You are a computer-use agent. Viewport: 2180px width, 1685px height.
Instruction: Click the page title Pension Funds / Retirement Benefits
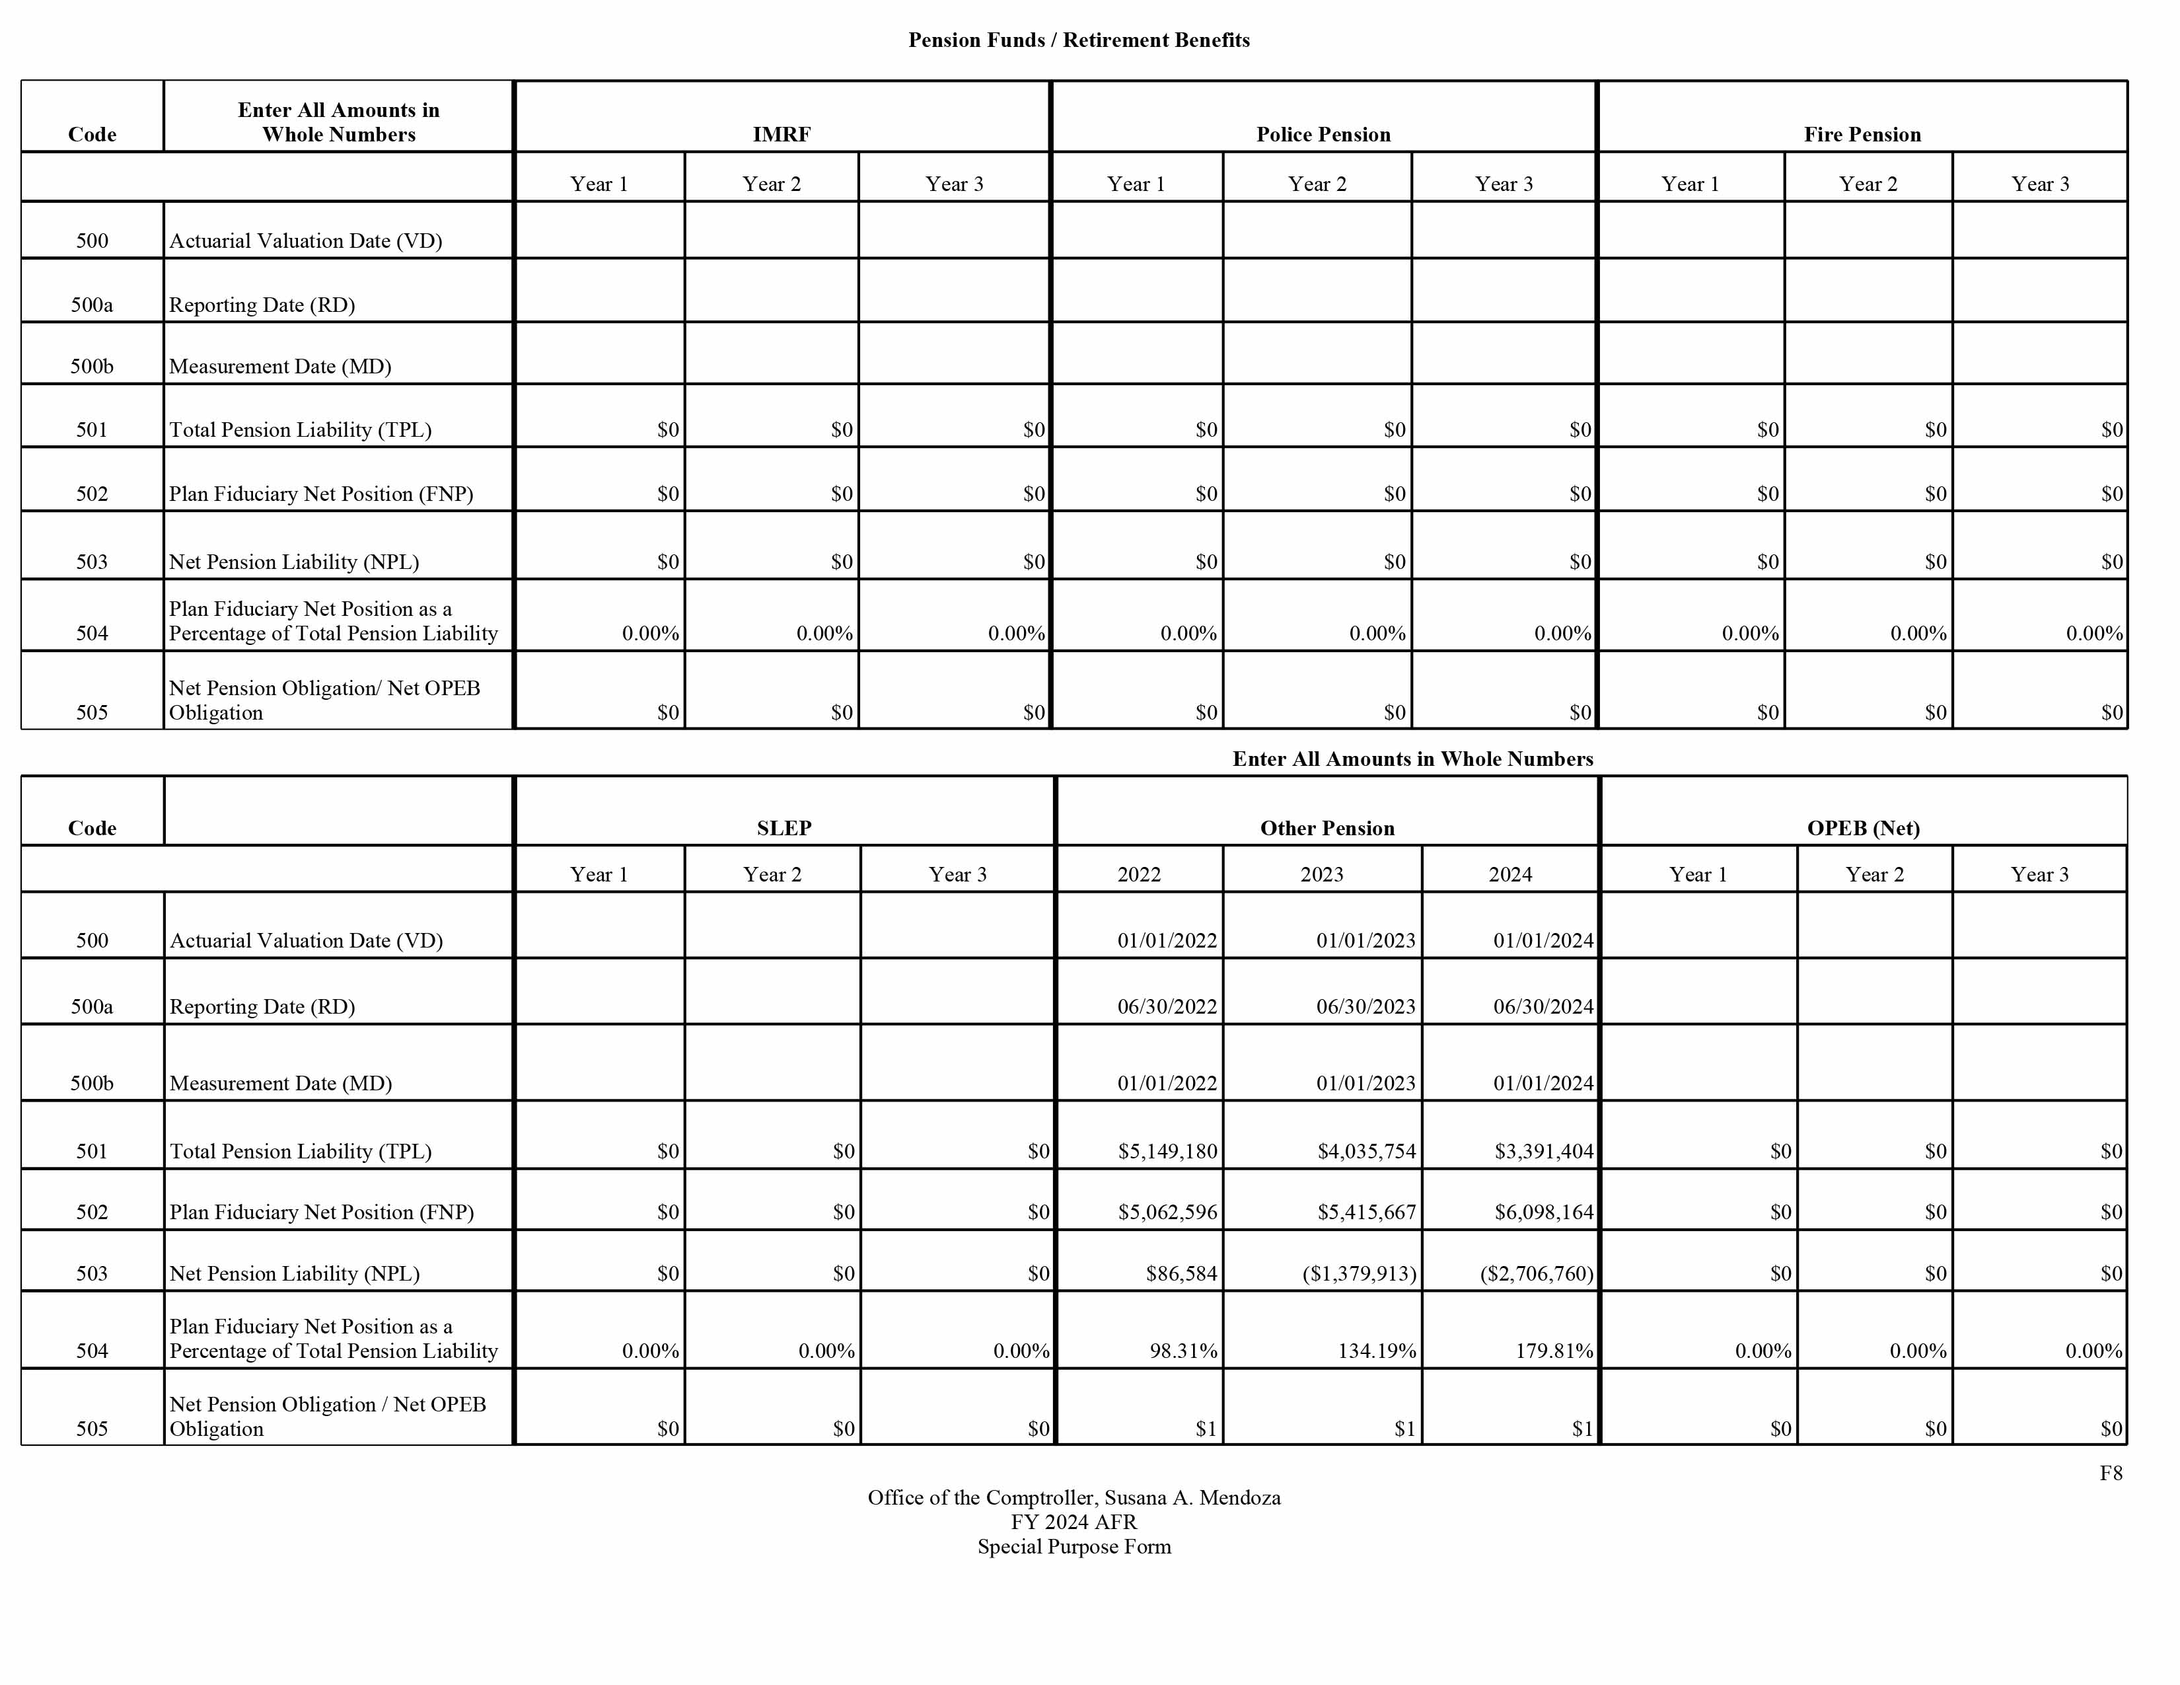[1078, 40]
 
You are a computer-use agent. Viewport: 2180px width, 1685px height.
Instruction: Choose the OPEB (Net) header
[1863, 827]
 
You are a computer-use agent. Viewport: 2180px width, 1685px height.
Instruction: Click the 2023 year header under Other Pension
[1322, 874]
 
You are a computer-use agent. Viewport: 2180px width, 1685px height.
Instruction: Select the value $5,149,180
[1167, 1151]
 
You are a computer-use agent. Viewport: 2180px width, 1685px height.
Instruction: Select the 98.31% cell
[1183, 1351]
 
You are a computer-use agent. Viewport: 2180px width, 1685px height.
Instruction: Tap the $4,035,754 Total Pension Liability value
[1365, 1151]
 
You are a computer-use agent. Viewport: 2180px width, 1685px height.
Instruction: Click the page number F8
[2110, 1474]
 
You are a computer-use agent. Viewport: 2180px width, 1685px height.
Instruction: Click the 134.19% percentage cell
[1377, 1351]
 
